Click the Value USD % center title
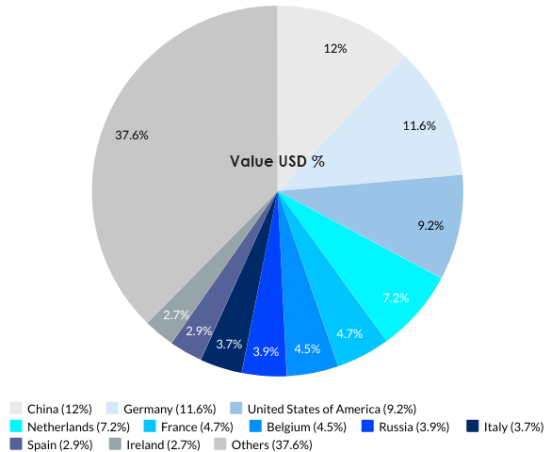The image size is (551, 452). [277, 161]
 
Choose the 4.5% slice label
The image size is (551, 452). [307, 347]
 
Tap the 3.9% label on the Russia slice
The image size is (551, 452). [266, 351]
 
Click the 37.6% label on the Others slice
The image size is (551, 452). [132, 135]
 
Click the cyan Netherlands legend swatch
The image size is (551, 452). [16, 427]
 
